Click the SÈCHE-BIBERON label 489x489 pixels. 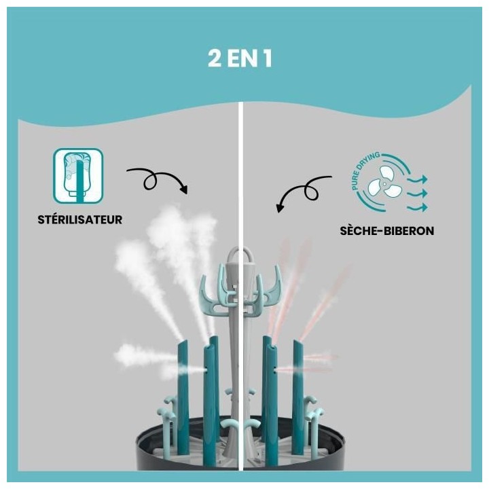point(386,230)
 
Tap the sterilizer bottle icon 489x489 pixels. point(78,176)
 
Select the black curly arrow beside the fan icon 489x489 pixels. point(304,190)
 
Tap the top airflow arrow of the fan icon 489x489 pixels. point(417,178)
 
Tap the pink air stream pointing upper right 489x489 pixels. point(326,299)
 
